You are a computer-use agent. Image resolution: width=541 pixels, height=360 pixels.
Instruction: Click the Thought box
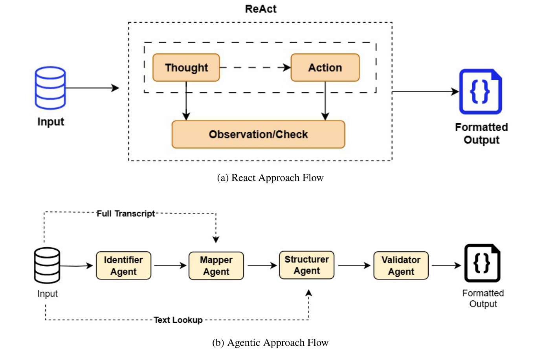pyautogui.click(x=186, y=68)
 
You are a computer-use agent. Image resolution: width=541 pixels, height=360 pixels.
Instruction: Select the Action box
pyautogui.click(x=325, y=68)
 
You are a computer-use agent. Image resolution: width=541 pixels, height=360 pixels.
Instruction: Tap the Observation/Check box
pyautogui.click(x=258, y=134)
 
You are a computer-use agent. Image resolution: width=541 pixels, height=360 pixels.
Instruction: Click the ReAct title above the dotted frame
pyautogui.click(x=260, y=9)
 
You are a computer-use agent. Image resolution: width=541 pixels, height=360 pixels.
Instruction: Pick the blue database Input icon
pyautogui.click(x=50, y=88)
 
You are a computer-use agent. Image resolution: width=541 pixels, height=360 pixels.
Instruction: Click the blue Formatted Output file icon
pyautogui.click(x=480, y=91)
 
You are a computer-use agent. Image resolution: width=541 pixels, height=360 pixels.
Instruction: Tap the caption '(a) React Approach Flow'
pyautogui.click(x=270, y=178)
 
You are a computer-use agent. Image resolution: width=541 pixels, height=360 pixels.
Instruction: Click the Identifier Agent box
pyautogui.click(x=123, y=266)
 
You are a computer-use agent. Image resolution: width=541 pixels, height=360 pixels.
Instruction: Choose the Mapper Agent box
pyautogui.click(x=216, y=266)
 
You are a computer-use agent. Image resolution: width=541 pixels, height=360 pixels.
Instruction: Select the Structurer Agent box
pyautogui.click(x=306, y=265)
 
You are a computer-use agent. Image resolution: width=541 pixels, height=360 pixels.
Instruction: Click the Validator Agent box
pyautogui.click(x=401, y=266)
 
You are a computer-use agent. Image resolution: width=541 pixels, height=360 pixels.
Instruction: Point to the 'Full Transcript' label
pyautogui.click(x=126, y=214)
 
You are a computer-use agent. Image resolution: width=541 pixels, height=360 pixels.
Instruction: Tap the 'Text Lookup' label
pyautogui.click(x=178, y=320)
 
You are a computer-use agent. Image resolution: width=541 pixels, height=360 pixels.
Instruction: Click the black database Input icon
pyautogui.click(x=47, y=265)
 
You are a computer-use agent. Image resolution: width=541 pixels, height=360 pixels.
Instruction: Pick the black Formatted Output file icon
pyautogui.click(x=482, y=263)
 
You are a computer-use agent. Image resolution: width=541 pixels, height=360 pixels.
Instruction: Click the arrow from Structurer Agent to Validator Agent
pyautogui.click(x=354, y=266)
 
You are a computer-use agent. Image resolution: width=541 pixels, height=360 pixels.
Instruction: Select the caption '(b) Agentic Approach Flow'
pyautogui.click(x=270, y=343)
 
